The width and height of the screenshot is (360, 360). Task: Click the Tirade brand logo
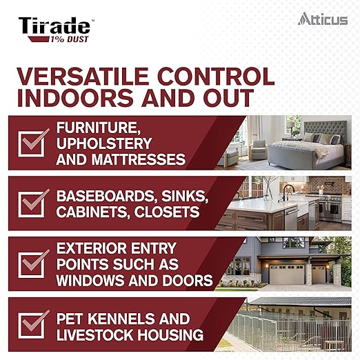54,27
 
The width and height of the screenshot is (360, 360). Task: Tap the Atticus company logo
323,19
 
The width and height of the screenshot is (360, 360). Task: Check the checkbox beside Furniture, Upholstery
34,143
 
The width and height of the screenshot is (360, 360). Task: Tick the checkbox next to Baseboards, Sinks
34,203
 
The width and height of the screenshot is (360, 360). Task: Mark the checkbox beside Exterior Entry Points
34,264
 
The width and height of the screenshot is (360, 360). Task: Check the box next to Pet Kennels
34,325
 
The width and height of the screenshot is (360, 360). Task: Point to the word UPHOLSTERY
104,143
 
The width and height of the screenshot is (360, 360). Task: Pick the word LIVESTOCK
97,336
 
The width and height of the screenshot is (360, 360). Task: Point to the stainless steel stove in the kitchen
328,206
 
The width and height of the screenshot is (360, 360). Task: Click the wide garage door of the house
287,274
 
